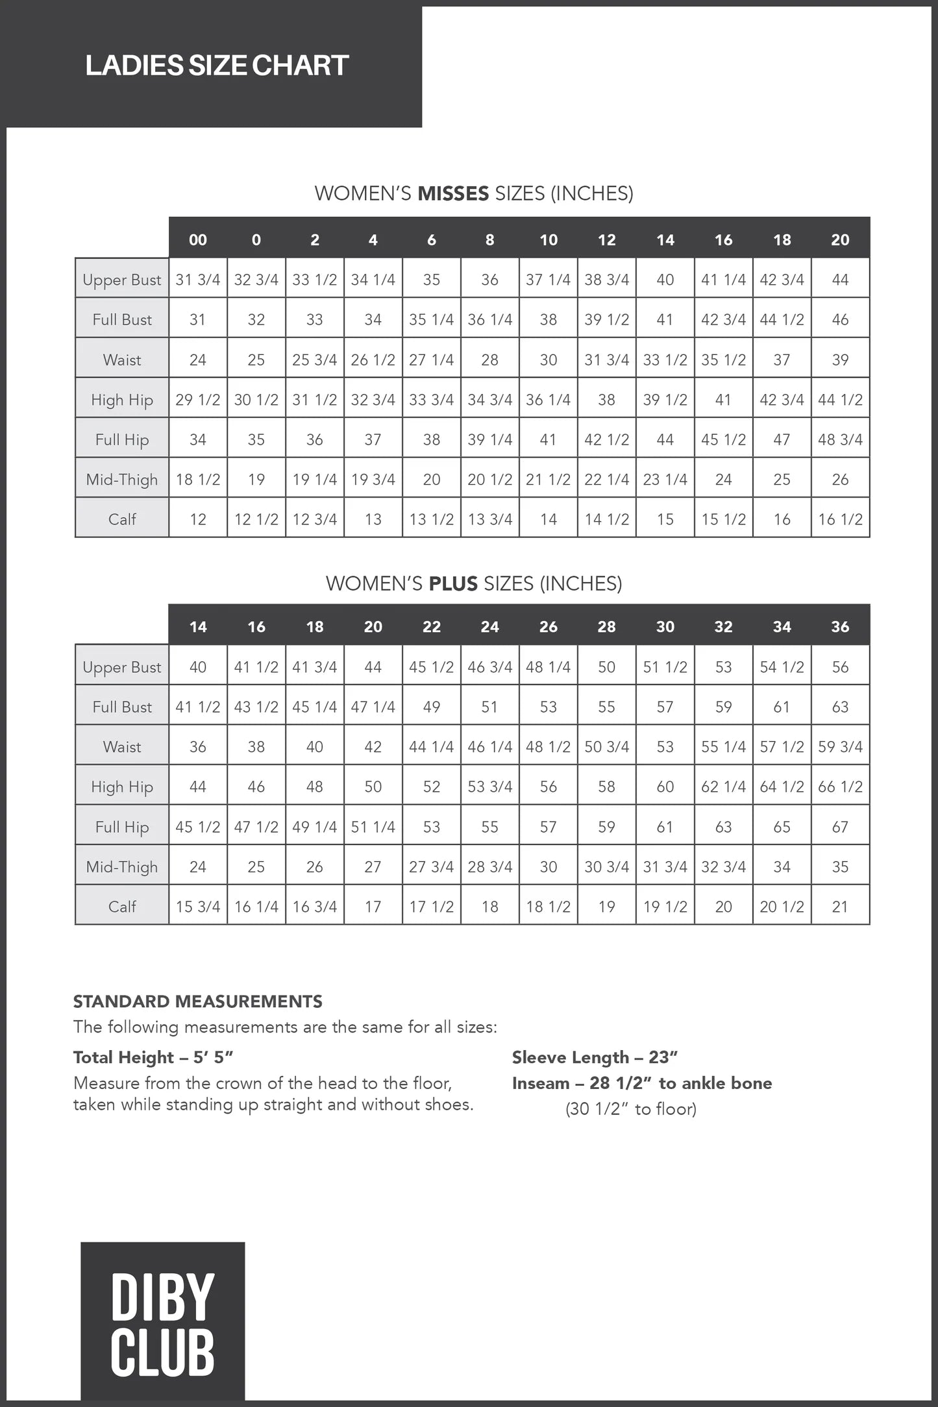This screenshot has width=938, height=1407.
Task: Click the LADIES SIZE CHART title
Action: [217, 66]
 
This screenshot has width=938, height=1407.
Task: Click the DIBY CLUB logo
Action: [162, 1324]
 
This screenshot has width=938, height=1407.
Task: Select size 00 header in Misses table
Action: [198, 239]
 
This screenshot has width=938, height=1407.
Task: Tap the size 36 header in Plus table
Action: [840, 626]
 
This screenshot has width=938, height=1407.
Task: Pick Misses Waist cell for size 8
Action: [489, 360]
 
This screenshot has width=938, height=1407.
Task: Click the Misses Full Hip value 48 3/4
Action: [840, 439]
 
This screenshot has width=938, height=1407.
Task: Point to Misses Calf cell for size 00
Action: [198, 519]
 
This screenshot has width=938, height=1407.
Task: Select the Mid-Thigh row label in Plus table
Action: [122, 866]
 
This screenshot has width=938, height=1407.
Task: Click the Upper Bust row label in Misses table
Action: [122, 280]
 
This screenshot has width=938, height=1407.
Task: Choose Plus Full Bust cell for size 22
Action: [431, 707]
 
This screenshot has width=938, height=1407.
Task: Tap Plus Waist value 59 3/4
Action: [840, 746]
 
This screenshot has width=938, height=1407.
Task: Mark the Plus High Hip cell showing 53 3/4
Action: [489, 787]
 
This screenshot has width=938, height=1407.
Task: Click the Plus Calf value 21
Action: [840, 907]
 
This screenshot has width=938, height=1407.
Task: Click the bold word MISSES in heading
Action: [453, 193]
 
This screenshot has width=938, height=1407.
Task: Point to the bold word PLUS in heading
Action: [453, 583]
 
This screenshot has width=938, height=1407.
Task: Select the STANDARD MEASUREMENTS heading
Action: [197, 1001]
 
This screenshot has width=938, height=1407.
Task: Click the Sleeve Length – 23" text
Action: [595, 1057]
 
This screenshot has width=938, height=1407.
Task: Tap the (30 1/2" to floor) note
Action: [630, 1109]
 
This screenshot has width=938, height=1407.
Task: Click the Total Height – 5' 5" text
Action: [153, 1057]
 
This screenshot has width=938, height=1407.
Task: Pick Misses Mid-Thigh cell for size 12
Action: [606, 480]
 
